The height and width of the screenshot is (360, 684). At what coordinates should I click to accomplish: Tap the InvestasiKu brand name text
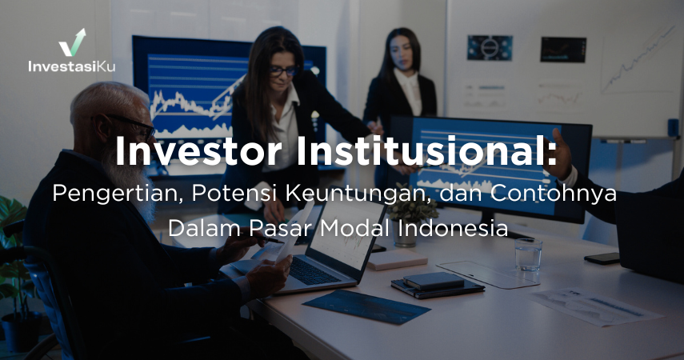click(71, 66)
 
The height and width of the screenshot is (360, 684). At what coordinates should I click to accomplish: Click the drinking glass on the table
click(528, 254)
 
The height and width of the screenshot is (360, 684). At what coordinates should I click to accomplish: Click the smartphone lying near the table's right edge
click(602, 258)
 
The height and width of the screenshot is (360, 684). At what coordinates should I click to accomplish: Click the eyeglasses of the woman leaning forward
click(281, 71)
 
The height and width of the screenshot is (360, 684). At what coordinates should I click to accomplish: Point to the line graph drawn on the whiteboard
click(637, 60)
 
